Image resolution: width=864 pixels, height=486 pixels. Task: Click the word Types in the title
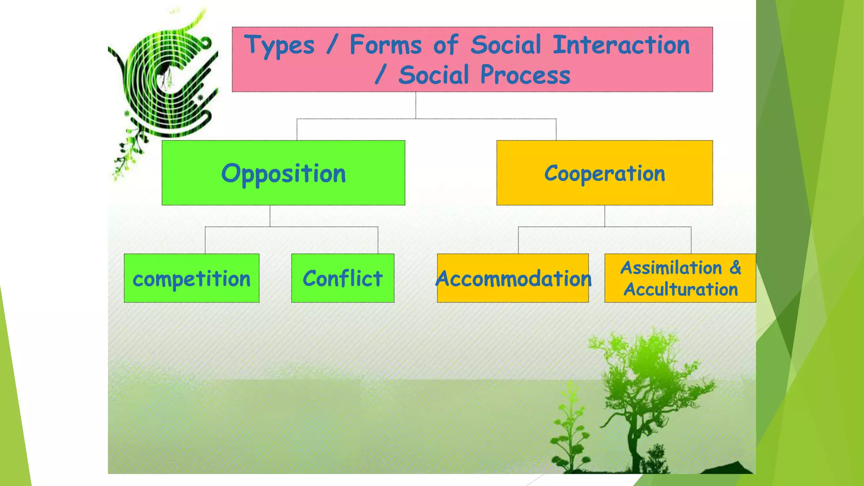[280, 45]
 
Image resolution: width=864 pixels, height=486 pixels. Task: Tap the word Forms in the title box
[386, 45]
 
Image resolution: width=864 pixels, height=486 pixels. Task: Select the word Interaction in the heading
[621, 45]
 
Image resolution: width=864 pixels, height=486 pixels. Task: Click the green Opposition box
[283, 173]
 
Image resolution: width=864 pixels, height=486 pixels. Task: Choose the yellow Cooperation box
[604, 173]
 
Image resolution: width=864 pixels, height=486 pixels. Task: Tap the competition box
[192, 278]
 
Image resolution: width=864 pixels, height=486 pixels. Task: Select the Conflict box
[343, 278]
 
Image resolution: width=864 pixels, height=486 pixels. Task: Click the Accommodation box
[513, 278]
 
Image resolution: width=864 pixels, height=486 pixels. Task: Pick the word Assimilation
[671, 268]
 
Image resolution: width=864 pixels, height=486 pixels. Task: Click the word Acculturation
[680, 289]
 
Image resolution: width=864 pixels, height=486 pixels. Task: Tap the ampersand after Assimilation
[735, 267]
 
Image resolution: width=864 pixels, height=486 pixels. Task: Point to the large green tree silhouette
[645, 392]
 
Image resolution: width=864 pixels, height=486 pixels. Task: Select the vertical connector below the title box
[416, 105]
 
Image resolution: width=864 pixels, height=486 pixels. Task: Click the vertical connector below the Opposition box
[270, 216]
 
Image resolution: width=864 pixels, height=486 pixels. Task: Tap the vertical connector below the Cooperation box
[605, 216]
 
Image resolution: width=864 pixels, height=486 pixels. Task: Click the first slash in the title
[332, 45]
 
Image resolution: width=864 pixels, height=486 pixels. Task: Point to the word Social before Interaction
[505, 45]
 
